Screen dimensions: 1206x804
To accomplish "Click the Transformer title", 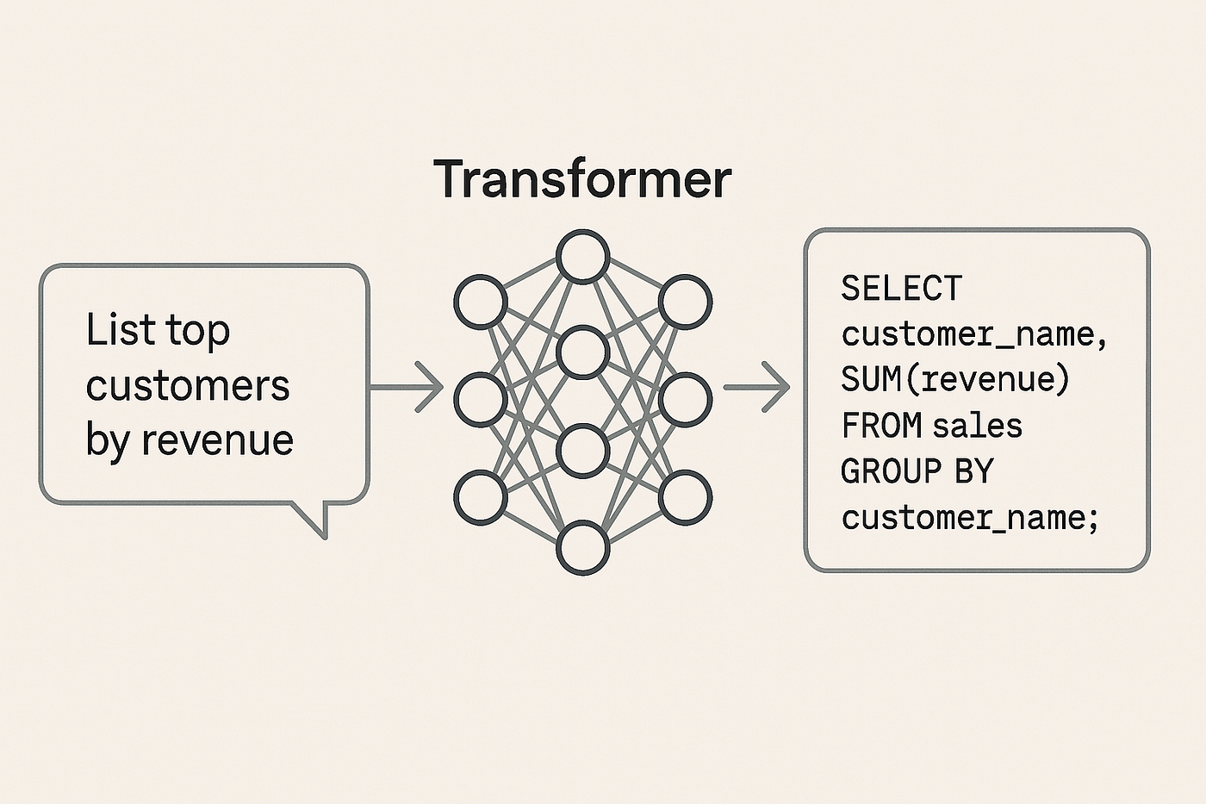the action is pos(582,178).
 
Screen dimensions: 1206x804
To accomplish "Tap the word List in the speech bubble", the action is pos(121,329).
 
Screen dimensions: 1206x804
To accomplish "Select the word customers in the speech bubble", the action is pos(188,385).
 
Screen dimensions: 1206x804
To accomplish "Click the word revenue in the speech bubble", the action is pos(218,440).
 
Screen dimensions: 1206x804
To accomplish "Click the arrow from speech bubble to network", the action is pos(407,387).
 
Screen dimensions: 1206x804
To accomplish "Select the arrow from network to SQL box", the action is pos(756,387).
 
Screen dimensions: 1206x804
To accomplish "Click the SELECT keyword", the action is pos(901,288).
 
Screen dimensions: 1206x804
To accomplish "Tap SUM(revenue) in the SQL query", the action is pos(954,379).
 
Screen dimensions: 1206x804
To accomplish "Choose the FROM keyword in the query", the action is pos(881,426).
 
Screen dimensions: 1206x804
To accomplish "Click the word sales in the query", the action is pos(977,426).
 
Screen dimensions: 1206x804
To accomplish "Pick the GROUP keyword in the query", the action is pos(891,471).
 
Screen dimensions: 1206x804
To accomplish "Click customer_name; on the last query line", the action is pos(969,519).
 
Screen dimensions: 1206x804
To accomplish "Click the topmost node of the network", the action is pos(582,256).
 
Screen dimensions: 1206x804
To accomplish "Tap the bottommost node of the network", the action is pos(582,548).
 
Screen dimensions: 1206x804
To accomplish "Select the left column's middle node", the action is pos(481,400).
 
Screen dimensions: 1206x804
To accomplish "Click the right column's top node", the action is pos(686,302).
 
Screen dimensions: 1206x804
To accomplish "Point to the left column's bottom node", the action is pos(481,497).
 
